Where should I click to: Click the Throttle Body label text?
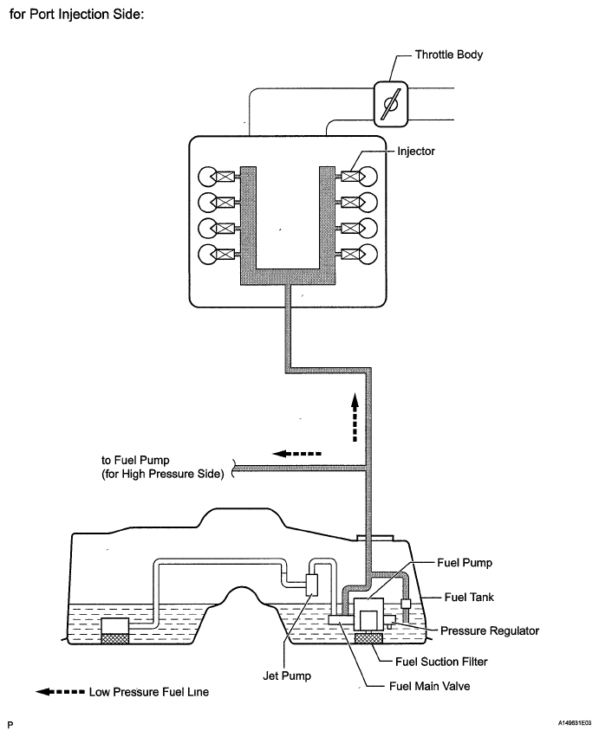coord(449,55)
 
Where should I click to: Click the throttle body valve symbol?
coord(389,102)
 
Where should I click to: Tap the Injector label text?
coord(416,151)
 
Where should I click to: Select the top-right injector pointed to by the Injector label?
coord(357,177)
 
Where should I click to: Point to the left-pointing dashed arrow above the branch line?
coord(297,452)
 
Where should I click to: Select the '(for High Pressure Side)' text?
coord(163,474)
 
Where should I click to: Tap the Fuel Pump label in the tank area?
coord(464,562)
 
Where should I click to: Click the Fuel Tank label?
coord(469,597)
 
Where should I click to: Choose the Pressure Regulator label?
coord(489,630)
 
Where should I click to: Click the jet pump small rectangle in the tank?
coord(313,585)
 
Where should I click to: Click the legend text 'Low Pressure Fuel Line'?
coord(148,692)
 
